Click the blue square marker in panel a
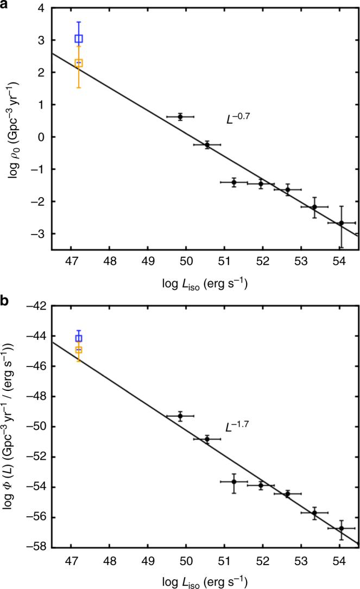point(79,39)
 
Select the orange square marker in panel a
point(79,64)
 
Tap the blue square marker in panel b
point(79,339)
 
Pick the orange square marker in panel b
point(79,350)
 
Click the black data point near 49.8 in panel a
point(180,116)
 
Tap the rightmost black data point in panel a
point(341,223)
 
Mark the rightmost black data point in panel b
point(341,528)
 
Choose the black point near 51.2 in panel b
point(234,482)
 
